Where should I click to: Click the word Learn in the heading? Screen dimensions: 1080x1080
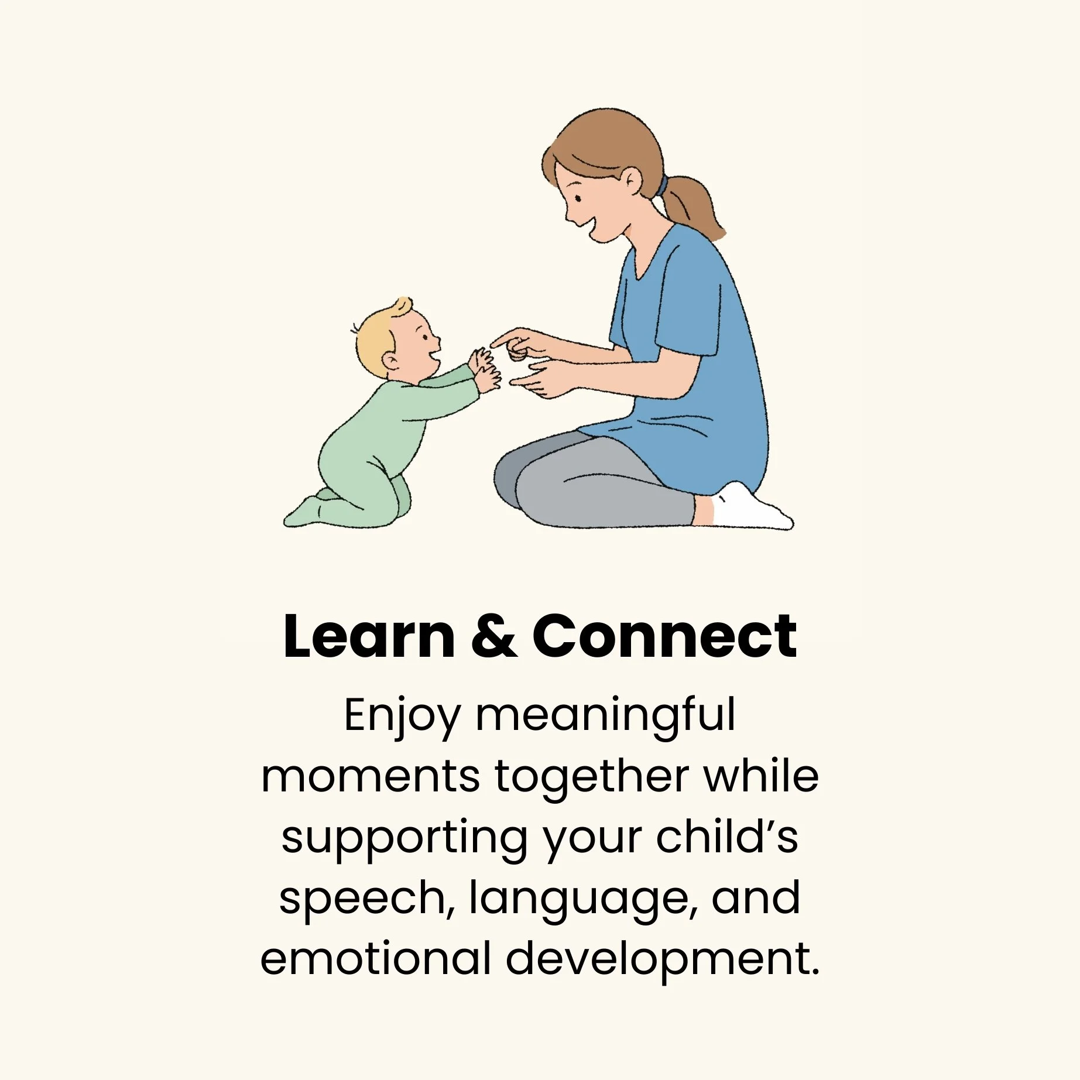tap(368, 637)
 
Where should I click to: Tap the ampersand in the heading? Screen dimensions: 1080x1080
tap(493, 637)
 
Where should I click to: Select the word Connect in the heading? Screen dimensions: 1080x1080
tap(664, 637)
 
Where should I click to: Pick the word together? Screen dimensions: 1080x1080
tap(591, 777)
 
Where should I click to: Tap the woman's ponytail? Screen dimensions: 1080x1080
tap(696, 205)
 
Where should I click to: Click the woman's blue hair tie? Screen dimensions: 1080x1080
tap(662, 187)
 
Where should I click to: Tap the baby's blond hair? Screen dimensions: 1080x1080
tap(375, 340)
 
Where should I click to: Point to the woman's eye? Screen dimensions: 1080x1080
tap(578, 198)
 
